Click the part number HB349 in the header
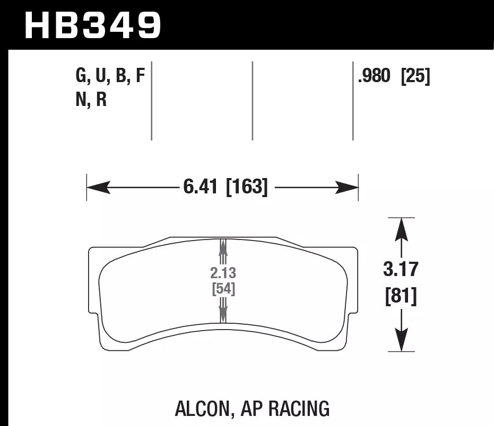(92, 25)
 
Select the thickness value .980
(375, 77)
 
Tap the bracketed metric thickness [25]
(415, 77)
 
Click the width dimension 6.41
(200, 187)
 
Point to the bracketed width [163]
(247, 187)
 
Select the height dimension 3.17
(401, 270)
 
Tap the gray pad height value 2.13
(223, 273)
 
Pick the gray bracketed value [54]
(223, 289)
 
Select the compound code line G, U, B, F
(110, 77)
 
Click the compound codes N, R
(91, 99)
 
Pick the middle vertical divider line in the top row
(253, 101)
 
